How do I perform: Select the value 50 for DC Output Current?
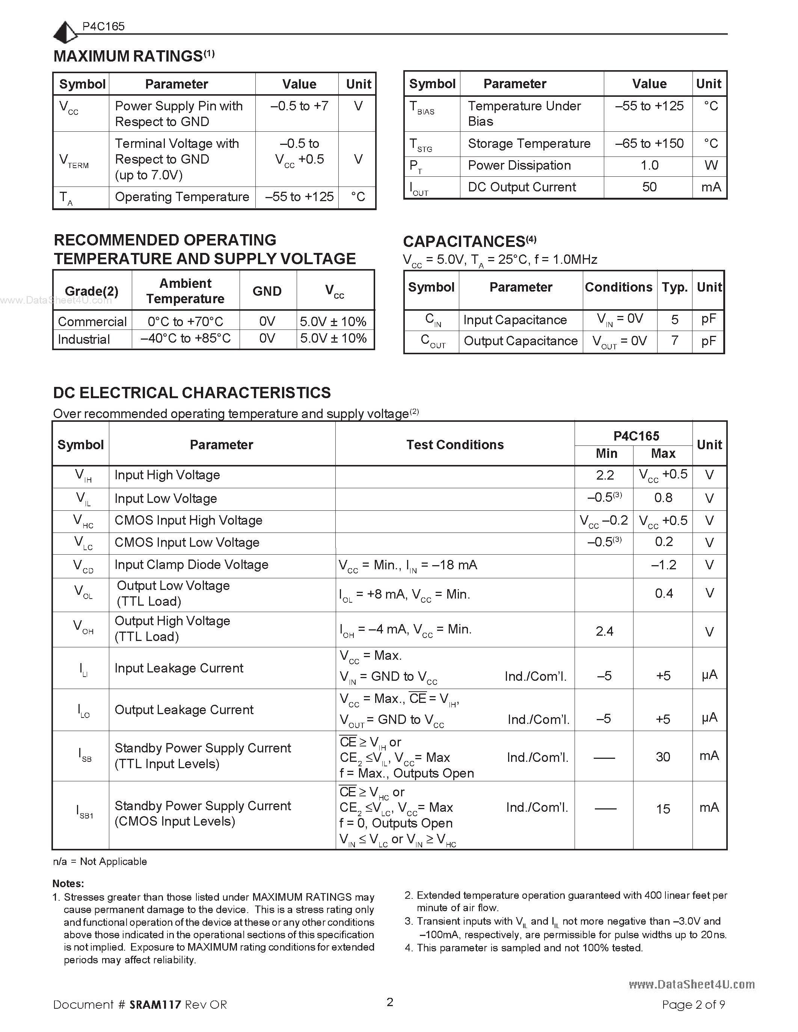click(649, 187)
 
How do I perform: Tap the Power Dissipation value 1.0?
click(649, 165)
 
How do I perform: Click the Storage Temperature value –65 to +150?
click(649, 144)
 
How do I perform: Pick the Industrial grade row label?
click(84, 339)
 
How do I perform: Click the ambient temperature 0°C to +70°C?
click(185, 322)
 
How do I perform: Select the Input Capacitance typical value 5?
click(674, 320)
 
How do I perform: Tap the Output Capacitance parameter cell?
click(520, 341)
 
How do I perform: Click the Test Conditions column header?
click(455, 445)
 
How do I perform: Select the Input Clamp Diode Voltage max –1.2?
click(664, 565)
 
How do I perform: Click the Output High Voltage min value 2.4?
click(605, 631)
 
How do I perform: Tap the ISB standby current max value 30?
click(663, 757)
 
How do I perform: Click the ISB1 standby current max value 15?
click(663, 809)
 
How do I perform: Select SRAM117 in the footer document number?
click(155, 1005)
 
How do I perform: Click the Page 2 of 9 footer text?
click(693, 1005)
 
